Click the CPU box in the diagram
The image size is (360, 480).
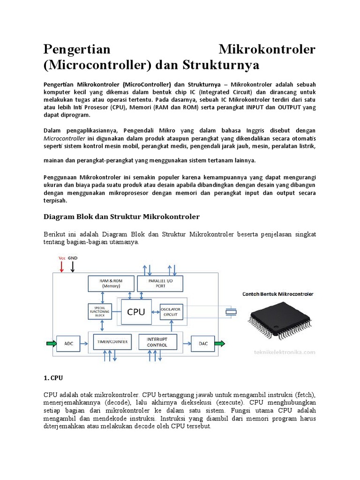pyautogui.click(x=136, y=311)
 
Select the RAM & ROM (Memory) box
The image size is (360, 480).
pyautogui.click(x=110, y=284)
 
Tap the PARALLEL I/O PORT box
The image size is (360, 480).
pyautogui.click(x=160, y=284)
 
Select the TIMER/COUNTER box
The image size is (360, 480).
pyautogui.click(x=113, y=342)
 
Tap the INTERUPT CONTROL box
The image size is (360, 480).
pyautogui.click(x=160, y=342)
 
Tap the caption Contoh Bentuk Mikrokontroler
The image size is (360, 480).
pyautogui.click(x=277, y=294)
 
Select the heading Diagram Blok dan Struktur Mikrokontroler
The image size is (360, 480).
pyautogui.click(x=121, y=217)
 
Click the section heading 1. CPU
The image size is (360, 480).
pyautogui.click(x=50, y=376)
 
